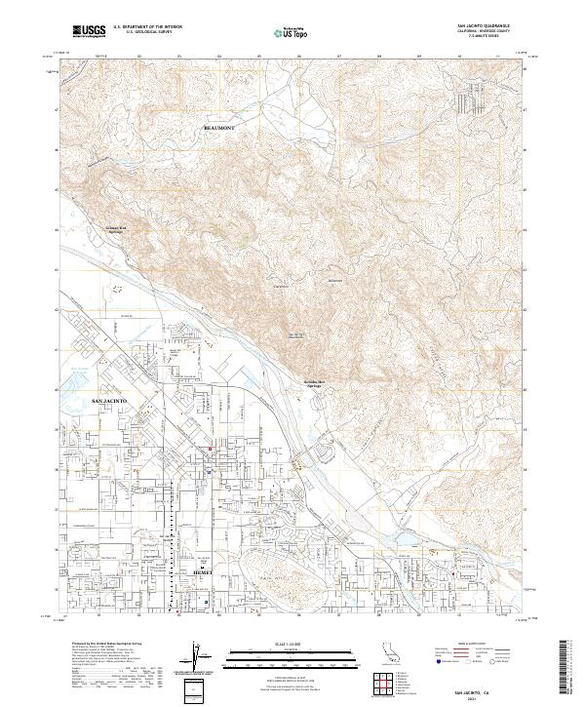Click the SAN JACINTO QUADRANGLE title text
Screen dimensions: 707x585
484,27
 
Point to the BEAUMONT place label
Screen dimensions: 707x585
219,128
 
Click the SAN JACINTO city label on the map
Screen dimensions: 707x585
110,401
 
